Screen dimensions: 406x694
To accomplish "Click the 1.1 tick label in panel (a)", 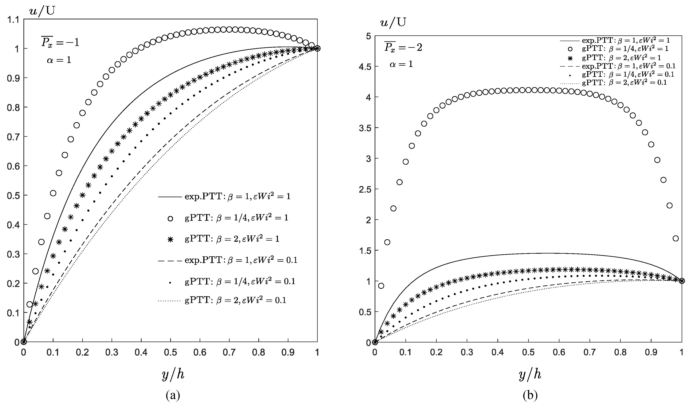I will pyautogui.click(x=13, y=19).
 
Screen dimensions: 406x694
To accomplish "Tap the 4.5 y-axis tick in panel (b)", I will pyautogui.click(x=365, y=67).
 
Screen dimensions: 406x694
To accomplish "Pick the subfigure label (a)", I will pyautogui.click(x=173, y=395).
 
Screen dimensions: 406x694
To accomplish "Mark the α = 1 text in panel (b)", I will pyautogui.click(x=401, y=64).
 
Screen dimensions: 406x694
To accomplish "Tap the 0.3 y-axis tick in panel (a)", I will pyautogui.click(x=13, y=254).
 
